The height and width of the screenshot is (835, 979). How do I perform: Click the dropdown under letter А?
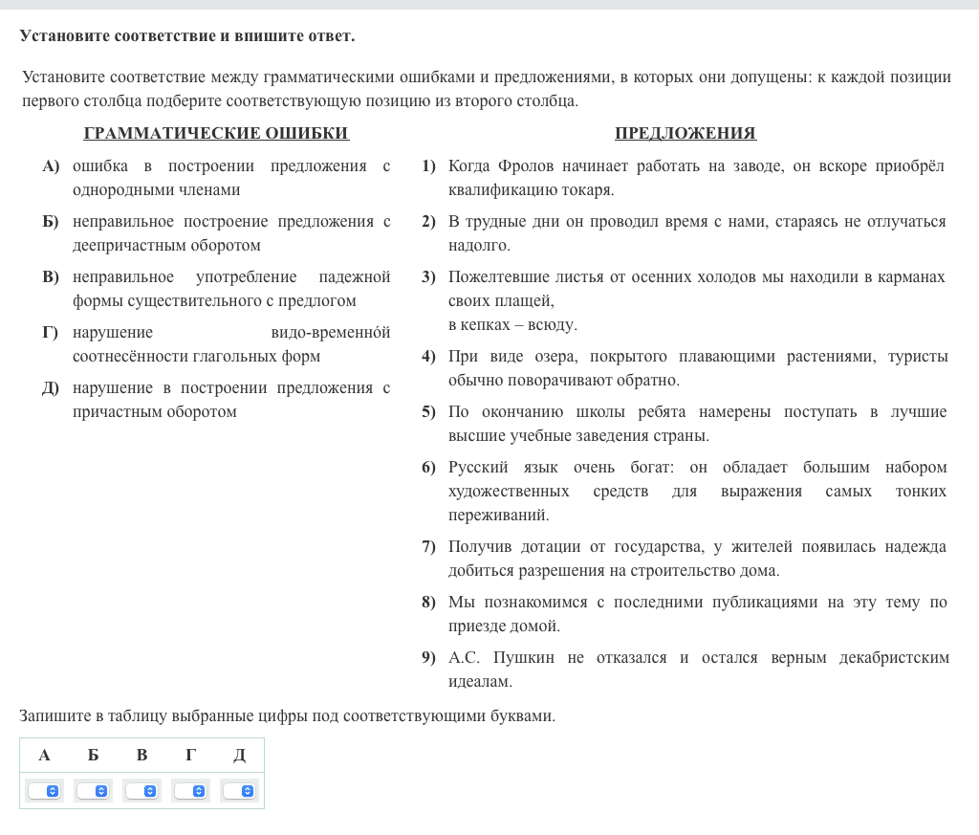tap(44, 791)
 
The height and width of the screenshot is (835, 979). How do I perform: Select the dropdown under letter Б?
tap(93, 791)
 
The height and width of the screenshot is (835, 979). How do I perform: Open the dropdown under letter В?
tap(141, 791)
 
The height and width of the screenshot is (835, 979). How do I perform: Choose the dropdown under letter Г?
tap(190, 791)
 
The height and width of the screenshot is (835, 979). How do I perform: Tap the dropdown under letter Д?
tap(239, 791)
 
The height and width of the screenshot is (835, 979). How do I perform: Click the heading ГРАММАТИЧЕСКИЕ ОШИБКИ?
tap(216, 134)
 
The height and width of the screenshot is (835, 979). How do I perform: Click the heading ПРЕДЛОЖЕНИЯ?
tap(685, 134)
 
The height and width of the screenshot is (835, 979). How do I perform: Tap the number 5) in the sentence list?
tap(428, 412)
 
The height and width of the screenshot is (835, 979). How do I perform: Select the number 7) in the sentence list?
tap(428, 547)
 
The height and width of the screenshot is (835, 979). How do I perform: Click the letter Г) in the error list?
tap(51, 333)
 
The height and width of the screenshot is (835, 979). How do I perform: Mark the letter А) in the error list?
tap(51, 166)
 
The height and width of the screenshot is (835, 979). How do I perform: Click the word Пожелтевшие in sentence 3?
tap(498, 277)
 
